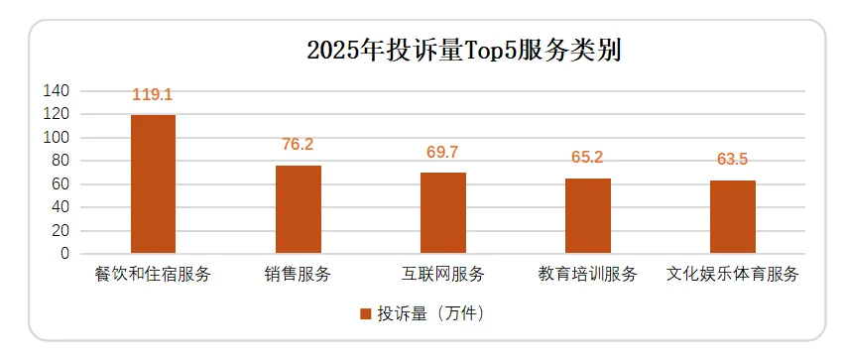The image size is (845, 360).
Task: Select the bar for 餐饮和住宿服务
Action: [x=153, y=184]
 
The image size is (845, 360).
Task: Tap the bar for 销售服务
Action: [x=298, y=209]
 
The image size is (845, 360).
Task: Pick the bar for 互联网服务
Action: [x=442, y=213]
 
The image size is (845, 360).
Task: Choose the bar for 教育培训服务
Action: [x=587, y=216]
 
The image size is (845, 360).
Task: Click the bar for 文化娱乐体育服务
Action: [x=732, y=217]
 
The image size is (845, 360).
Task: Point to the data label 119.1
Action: [x=153, y=95]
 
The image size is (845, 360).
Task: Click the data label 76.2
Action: [x=298, y=145]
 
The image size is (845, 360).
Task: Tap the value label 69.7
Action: [x=442, y=153]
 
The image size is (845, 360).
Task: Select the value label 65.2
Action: [x=587, y=158]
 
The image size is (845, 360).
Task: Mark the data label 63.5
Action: [x=732, y=160]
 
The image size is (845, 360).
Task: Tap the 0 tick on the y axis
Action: [x=64, y=254]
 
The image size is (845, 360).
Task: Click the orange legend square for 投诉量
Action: [x=366, y=313]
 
